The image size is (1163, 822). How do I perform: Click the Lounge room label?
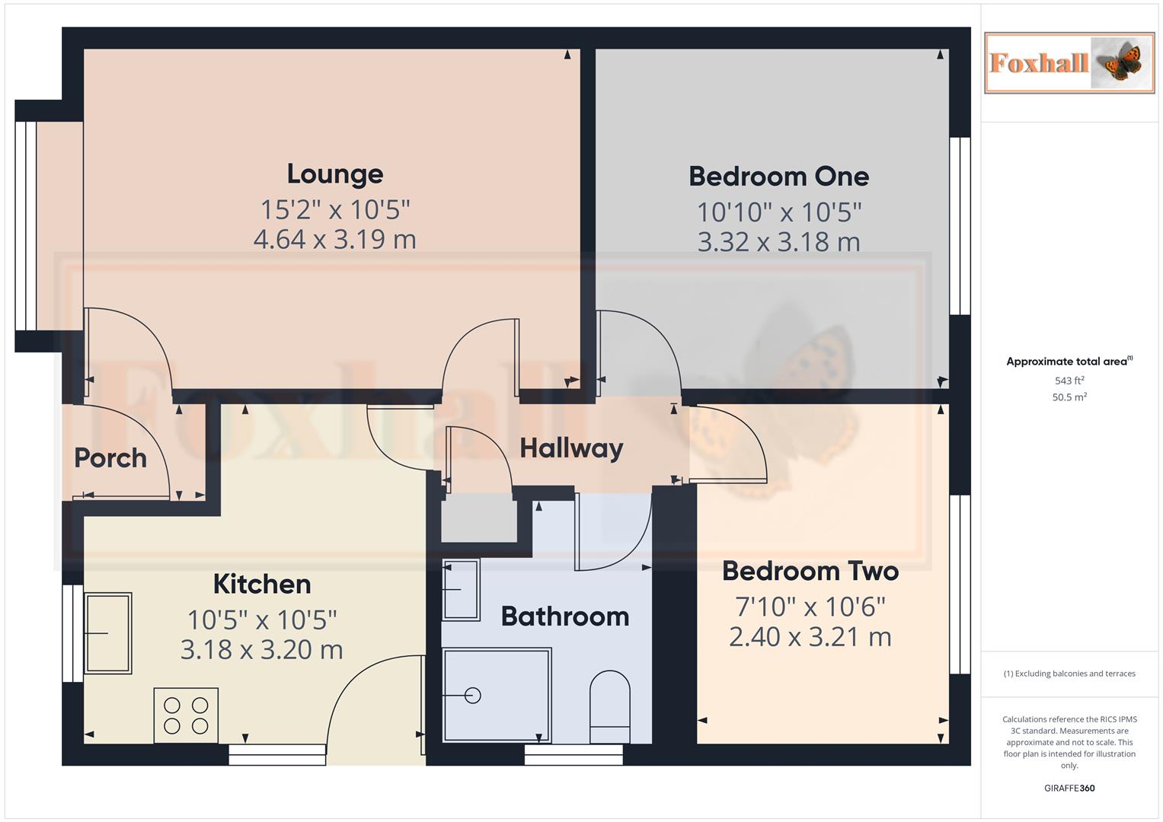point(334,174)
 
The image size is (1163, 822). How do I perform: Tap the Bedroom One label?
point(778,177)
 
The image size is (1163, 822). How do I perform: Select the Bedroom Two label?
point(810,571)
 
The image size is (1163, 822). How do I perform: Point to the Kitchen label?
point(262,585)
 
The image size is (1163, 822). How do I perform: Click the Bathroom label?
point(565,616)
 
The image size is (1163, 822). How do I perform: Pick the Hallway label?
point(571,448)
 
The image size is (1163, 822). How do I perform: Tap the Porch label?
point(110,458)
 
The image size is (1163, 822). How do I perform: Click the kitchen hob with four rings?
point(186,715)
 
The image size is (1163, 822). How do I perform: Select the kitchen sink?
point(107,633)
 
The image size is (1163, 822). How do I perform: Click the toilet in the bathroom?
point(610,706)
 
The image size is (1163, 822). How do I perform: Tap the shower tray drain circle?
point(473,695)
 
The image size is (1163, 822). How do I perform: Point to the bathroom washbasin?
point(461,589)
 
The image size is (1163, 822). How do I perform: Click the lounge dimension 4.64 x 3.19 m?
point(334,240)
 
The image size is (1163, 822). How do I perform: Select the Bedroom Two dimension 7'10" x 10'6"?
point(810,607)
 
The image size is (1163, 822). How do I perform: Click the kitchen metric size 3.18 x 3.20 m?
point(262,650)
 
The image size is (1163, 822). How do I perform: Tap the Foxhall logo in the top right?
point(1069,63)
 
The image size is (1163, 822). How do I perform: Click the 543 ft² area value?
point(1069,381)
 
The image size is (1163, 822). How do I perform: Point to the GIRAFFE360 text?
point(1069,789)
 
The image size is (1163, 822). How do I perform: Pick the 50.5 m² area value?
point(1069,397)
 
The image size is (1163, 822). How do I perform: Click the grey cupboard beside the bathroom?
point(479,518)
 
